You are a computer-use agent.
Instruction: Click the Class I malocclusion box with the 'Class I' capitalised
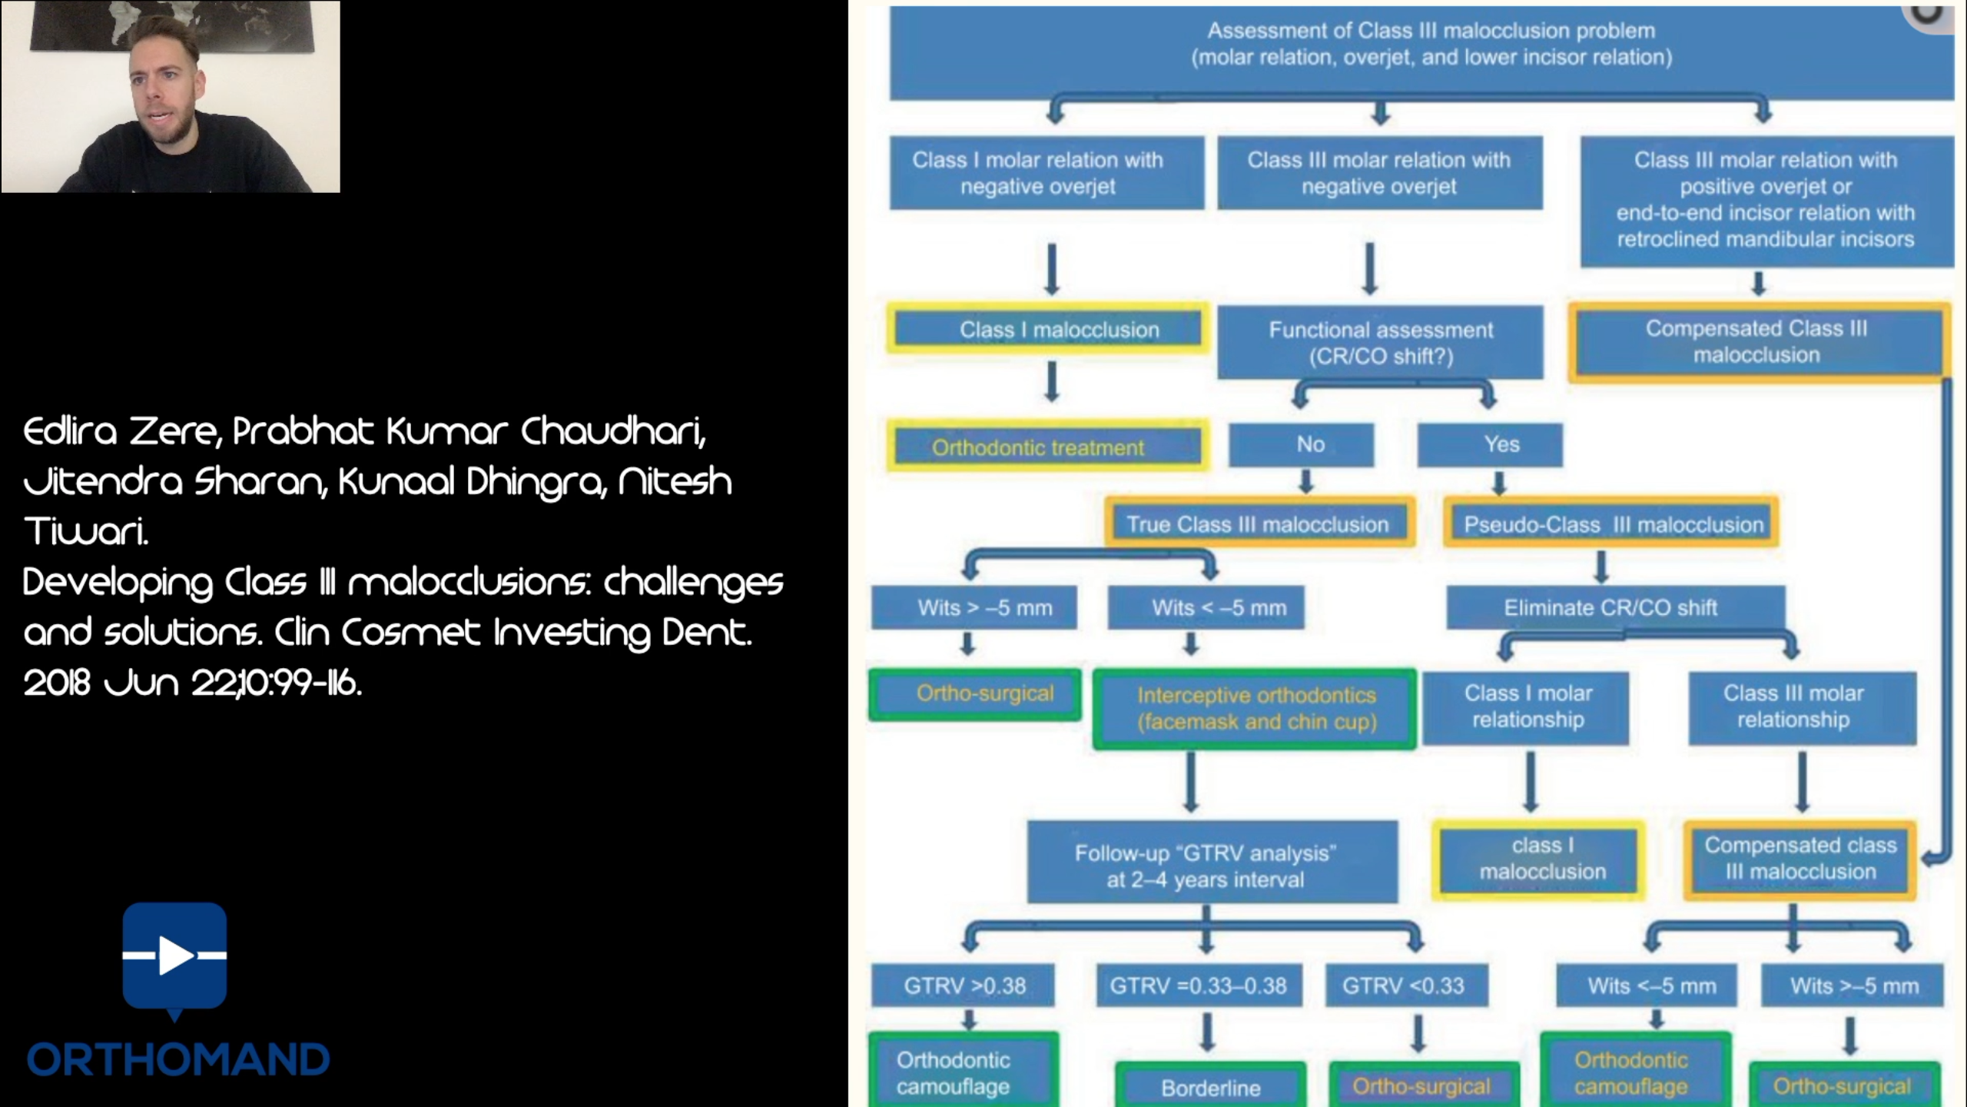tap(1048, 329)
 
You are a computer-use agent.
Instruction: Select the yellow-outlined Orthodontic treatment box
tap(1048, 446)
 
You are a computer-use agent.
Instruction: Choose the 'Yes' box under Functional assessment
tap(1490, 444)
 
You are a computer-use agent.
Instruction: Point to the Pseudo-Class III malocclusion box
tap(1611, 524)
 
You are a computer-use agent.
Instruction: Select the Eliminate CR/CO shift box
tap(1616, 607)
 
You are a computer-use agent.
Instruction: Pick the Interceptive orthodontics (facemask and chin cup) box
tap(1255, 708)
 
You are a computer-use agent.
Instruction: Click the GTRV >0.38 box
tap(964, 986)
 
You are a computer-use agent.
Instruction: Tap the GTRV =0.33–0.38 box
tap(1199, 986)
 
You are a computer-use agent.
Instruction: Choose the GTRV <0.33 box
tap(1407, 986)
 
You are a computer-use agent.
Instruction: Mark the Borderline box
tap(1210, 1085)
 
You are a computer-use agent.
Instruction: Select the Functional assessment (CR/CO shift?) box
tap(1380, 341)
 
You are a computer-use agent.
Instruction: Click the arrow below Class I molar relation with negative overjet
tap(1052, 270)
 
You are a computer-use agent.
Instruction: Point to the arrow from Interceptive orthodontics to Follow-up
tap(1191, 782)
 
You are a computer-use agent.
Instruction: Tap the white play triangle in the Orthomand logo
tap(176, 956)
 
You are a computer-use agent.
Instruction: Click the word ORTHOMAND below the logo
tap(178, 1059)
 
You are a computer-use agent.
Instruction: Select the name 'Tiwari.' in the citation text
tap(85, 530)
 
